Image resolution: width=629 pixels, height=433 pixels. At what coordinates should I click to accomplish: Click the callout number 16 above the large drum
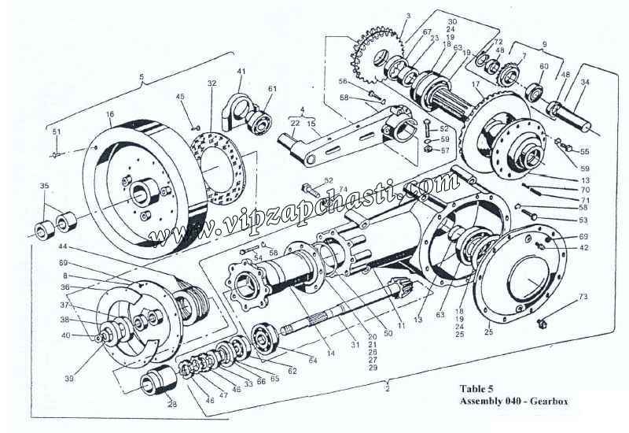click(110, 114)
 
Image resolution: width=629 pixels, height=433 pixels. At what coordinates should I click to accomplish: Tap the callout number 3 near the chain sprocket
click(386, 16)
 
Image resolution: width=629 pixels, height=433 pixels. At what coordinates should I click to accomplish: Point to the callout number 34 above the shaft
click(583, 82)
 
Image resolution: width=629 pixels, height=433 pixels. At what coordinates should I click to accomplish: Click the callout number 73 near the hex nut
click(583, 297)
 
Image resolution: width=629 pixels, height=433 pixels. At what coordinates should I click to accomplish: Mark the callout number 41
click(241, 72)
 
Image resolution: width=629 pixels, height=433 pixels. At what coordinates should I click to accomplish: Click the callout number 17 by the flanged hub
click(475, 83)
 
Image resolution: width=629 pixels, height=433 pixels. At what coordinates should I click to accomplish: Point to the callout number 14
click(331, 354)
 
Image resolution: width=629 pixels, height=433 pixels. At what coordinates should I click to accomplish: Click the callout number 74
click(343, 190)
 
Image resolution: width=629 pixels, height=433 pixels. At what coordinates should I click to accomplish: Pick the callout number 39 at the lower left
click(70, 379)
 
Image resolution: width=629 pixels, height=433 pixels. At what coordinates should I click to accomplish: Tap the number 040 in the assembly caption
click(511, 401)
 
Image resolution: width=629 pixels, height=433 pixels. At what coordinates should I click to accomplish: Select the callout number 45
click(180, 97)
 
